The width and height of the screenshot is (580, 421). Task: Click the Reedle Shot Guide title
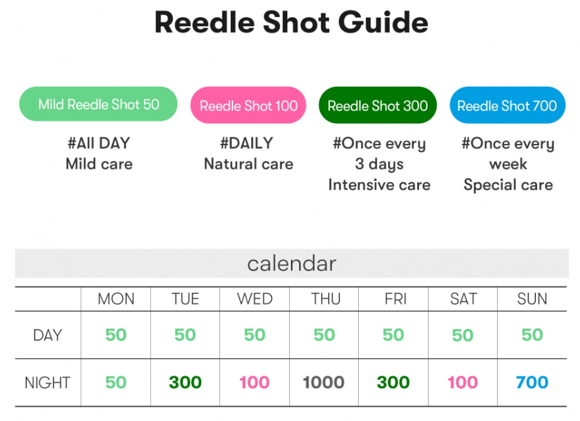tap(291, 23)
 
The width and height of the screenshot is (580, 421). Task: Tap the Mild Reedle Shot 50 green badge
tap(99, 104)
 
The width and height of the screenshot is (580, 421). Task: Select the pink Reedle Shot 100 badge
tap(248, 106)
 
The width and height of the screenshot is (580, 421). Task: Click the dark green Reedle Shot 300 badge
tap(378, 106)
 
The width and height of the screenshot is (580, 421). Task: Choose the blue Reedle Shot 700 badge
tap(507, 106)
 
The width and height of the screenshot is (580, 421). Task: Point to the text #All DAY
tap(99, 143)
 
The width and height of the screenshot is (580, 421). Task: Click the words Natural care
tap(248, 165)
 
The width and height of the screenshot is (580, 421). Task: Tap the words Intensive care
tap(379, 185)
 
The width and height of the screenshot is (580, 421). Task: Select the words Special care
tap(508, 185)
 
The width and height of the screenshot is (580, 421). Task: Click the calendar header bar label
tap(292, 263)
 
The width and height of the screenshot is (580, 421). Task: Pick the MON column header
tap(116, 299)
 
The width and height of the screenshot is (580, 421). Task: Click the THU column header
tap(325, 299)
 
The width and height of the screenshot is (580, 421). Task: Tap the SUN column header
tap(532, 299)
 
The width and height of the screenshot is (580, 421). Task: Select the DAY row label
tap(48, 335)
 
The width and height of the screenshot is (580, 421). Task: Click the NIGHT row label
tap(48, 382)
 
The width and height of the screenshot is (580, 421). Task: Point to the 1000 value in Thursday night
tap(324, 382)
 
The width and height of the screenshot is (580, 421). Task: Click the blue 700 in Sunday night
tap(532, 382)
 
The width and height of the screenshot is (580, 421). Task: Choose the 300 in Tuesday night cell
tap(185, 382)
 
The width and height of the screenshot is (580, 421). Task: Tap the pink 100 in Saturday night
tap(462, 382)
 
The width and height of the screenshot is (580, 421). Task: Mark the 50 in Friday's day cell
tap(393, 335)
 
